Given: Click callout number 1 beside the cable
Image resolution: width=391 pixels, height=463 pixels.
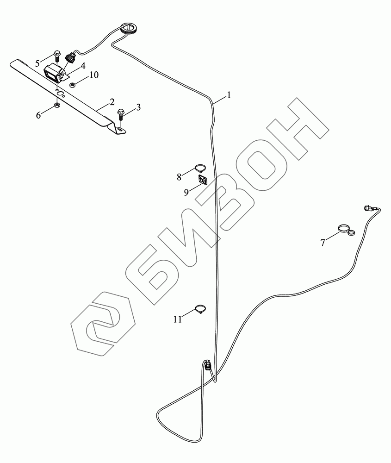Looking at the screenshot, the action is pos(228,96).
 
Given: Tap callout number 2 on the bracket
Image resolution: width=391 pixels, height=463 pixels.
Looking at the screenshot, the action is pos(112,100).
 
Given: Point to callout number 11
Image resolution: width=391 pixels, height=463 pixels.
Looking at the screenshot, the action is pos(178,319).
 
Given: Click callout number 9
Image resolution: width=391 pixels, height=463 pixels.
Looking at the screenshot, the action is pos(186,192).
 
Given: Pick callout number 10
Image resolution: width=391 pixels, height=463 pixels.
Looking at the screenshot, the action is pos(94,75).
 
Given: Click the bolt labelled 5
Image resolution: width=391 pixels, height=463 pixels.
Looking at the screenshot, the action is pos(56,56).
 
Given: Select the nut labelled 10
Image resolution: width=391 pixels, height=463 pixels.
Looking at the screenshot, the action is pos(72,85).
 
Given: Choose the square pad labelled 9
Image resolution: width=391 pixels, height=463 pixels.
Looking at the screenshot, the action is pos(202,179).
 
